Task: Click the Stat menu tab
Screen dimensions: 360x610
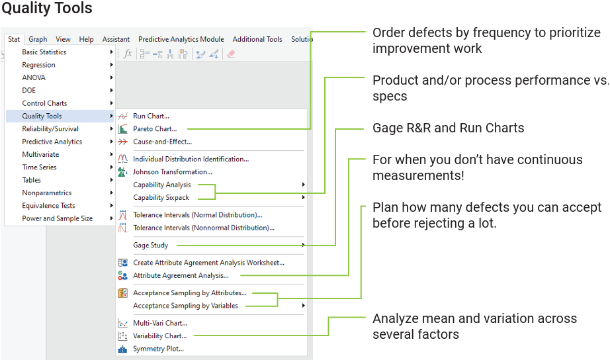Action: coord(14,39)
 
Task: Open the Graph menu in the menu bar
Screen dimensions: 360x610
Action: coord(38,39)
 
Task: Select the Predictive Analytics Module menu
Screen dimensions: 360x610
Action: coord(181,39)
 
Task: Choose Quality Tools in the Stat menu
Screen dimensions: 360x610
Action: coord(42,116)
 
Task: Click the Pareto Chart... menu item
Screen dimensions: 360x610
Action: coord(155,129)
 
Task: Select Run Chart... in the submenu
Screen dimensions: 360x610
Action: coord(151,116)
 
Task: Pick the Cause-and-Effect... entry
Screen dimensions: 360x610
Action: coord(162,142)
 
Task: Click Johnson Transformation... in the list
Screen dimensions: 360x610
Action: coord(172,171)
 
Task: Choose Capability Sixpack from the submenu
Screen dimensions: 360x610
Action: coord(161,197)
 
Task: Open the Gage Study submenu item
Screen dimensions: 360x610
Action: coord(151,246)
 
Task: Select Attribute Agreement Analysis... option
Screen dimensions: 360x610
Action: coord(181,275)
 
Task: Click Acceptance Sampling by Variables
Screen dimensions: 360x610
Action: coord(185,306)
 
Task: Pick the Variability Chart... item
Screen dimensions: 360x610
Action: coord(159,336)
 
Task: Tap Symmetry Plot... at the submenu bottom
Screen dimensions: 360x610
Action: coord(158,349)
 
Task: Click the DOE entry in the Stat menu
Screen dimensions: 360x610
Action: coord(29,91)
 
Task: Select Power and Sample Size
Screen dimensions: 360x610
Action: coord(57,218)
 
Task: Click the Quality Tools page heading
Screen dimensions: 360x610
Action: coord(47,9)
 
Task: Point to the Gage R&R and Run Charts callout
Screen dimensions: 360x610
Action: coord(448,128)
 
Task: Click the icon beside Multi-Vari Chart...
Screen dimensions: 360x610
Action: coord(122,323)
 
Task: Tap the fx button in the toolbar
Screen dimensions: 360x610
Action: coord(128,54)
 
